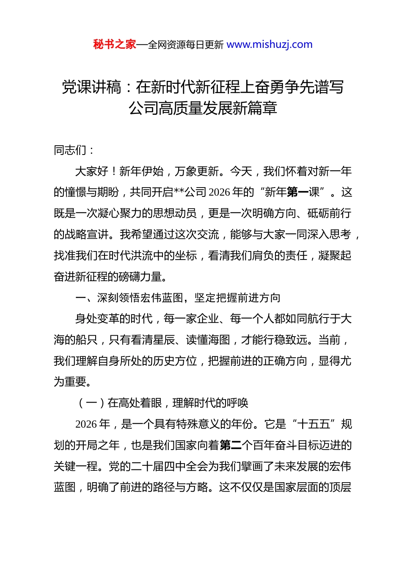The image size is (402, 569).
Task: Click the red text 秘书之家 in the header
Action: click(115, 44)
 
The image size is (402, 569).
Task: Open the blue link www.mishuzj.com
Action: click(270, 44)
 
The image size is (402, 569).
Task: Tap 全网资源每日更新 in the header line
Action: click(186, 45)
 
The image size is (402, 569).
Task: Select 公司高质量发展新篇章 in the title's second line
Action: click(203, 108)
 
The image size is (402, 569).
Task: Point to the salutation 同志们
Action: click(70, 150)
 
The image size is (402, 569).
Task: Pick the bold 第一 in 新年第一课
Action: click(298, 192)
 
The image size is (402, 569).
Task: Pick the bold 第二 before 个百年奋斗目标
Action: click(231, 445)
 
